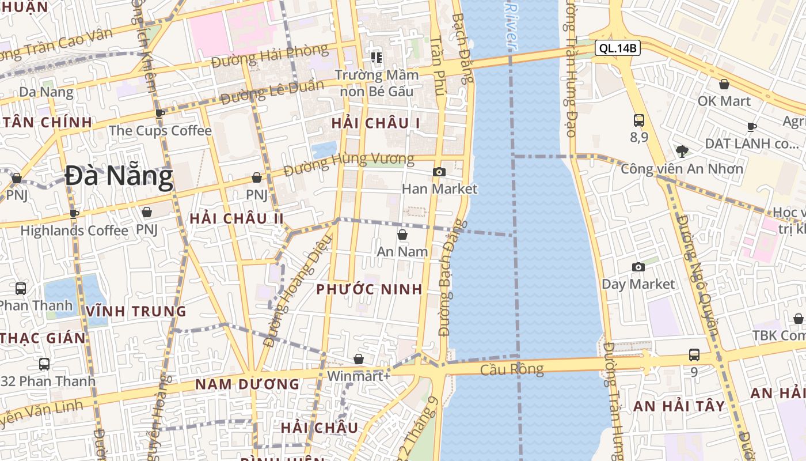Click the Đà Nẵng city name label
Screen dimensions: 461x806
click(119, 176)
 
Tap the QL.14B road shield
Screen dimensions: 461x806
click(618, 48)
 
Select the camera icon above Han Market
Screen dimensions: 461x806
click(439, 172)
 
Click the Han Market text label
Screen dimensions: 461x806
click(439, 188)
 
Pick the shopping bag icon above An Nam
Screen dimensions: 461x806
click(402, 235)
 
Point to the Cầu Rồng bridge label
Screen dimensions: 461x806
click(512, 369)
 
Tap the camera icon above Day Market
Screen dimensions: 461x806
click(638, 267)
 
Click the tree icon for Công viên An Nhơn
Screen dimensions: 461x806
click(682, 152)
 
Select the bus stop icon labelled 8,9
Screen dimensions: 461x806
click(639, 120)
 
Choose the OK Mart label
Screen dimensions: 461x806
click(724, 101)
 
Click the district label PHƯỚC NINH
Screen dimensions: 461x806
click(370, 289)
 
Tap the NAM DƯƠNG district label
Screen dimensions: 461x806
click(247, 384)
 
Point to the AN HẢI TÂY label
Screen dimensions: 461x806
click(679, 406)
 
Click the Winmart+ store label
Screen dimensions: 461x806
click(359, 376)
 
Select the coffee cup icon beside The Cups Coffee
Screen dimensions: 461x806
click(160, 114)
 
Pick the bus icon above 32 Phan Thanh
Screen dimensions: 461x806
click(44, 364)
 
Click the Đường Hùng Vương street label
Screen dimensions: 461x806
click(349, 164)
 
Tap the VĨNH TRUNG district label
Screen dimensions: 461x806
click(136, 312)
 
